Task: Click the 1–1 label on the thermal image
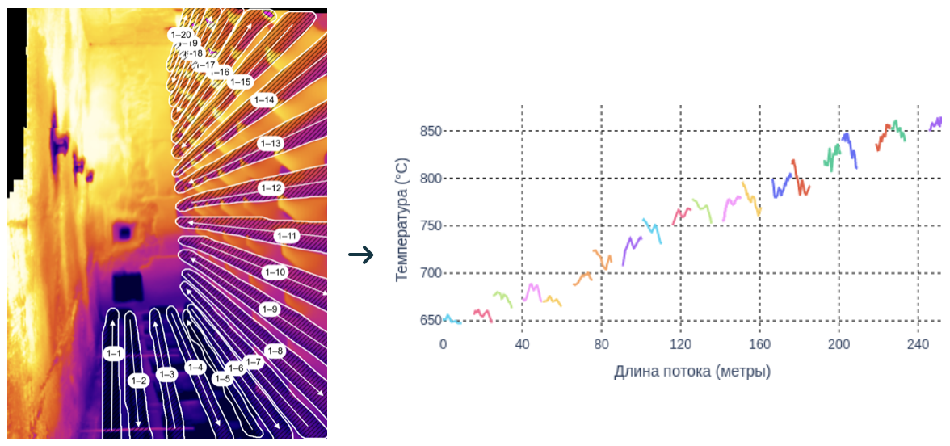[x=113, y=353]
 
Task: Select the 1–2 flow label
[x=139, y=380]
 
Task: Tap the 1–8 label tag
[x=275, y=351]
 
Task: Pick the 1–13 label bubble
[x=271, y=143]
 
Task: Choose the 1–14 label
[x=264, y=99]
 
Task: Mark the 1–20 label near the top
[x=181, y=35]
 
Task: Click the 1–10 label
[x=275, y=272]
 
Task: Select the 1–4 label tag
[x=195, y=367]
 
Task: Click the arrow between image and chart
[x=360, y=255]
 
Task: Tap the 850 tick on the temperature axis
[x=431, y=131]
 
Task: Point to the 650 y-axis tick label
[x=431, y=321]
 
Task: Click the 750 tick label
[x=431, y=226]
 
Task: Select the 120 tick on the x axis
[x=680, y=343]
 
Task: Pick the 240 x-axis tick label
[x=918, y=343]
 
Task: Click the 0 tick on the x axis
[x=443, y=343]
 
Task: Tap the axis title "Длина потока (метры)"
[x=692, y=372]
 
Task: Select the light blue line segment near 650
[x=451, y=320]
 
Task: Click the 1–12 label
[x=271, y=187]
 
